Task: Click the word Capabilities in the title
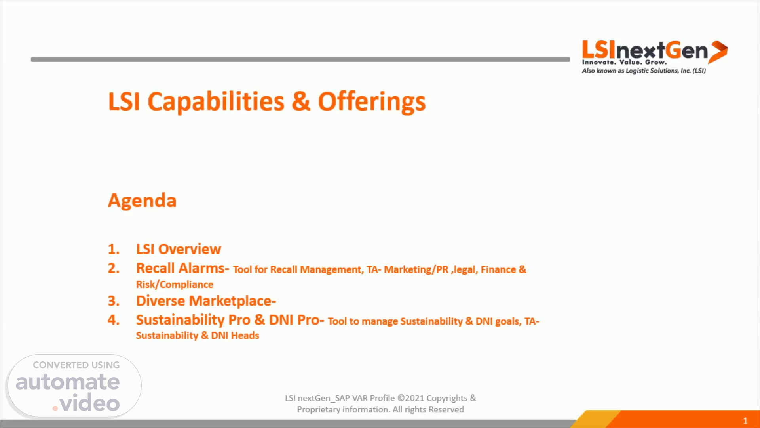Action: tap(216, 101)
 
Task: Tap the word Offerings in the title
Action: tap(372, 102)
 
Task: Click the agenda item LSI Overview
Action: tap(179, 249)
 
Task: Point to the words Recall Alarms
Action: tap(182, 268)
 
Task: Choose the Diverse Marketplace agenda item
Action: tap(206, 301)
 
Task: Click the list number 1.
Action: tap(114, 249)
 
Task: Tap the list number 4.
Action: tap(114, 320)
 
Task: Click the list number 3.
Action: tap(114, 301)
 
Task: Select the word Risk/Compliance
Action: tap(175, 285)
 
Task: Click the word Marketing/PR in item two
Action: tap(416, 270)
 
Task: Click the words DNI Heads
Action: tap(235, 336)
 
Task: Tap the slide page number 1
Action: tap(745, 420)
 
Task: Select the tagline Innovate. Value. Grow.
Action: tap(624, 62)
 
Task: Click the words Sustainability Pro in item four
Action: tap(193, 320)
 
